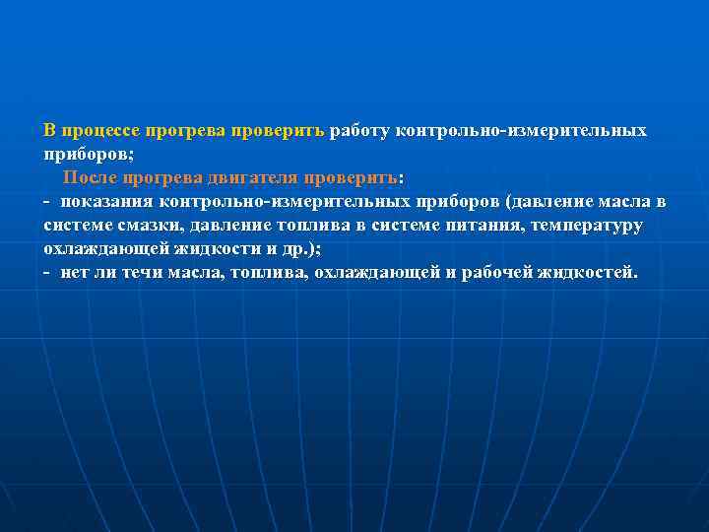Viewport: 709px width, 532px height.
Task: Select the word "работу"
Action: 360,131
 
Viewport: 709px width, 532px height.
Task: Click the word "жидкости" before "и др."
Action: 221,249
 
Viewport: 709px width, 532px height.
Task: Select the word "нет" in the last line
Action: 74,273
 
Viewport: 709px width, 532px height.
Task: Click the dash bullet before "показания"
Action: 47,202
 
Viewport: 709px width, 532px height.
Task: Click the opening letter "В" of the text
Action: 49,131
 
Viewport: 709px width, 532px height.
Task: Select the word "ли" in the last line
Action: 103,273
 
